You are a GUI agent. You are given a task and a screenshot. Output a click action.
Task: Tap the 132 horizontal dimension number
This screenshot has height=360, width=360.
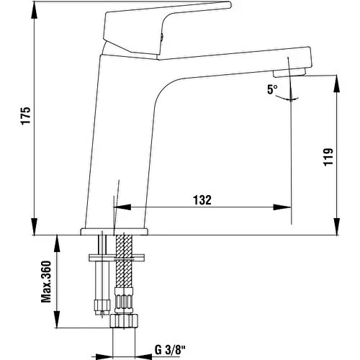pos(202,201)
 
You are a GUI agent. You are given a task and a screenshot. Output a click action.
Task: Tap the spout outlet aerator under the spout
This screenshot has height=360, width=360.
pos(294,73)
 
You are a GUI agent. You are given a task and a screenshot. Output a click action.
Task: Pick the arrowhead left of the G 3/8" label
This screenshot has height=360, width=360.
pos(143,352)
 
